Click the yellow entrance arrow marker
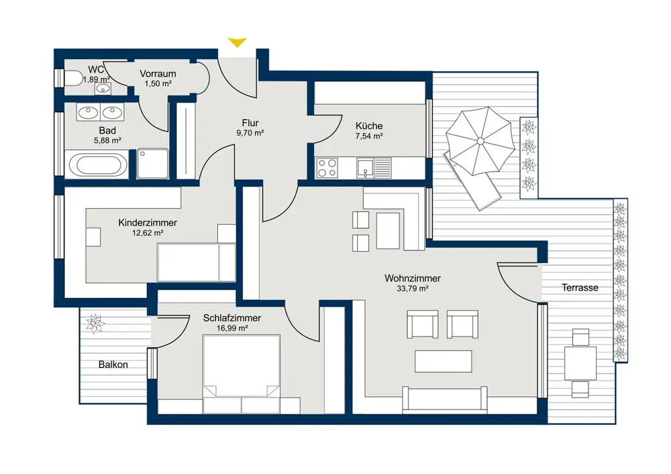pos(237,42)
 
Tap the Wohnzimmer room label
pos(412,279)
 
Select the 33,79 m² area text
pos(412,289)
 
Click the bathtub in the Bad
pos(96,164)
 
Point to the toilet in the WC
pos(74,79)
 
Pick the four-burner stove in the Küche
pos(327,167)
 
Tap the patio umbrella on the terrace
pos(480,141)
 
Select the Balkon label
pos(113,365)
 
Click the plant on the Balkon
pos(95,324)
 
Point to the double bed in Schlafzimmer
pos(242,366)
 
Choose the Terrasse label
pos(580,288)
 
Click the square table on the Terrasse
pos(580,363)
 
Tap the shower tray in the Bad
pos(153,164)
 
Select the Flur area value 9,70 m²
pos(250,133)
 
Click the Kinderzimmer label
pos(148,223)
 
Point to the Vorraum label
pos(158,74)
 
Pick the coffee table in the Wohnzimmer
pos(444,361)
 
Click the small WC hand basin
pos(103,89)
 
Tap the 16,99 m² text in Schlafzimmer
pos(232,328)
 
